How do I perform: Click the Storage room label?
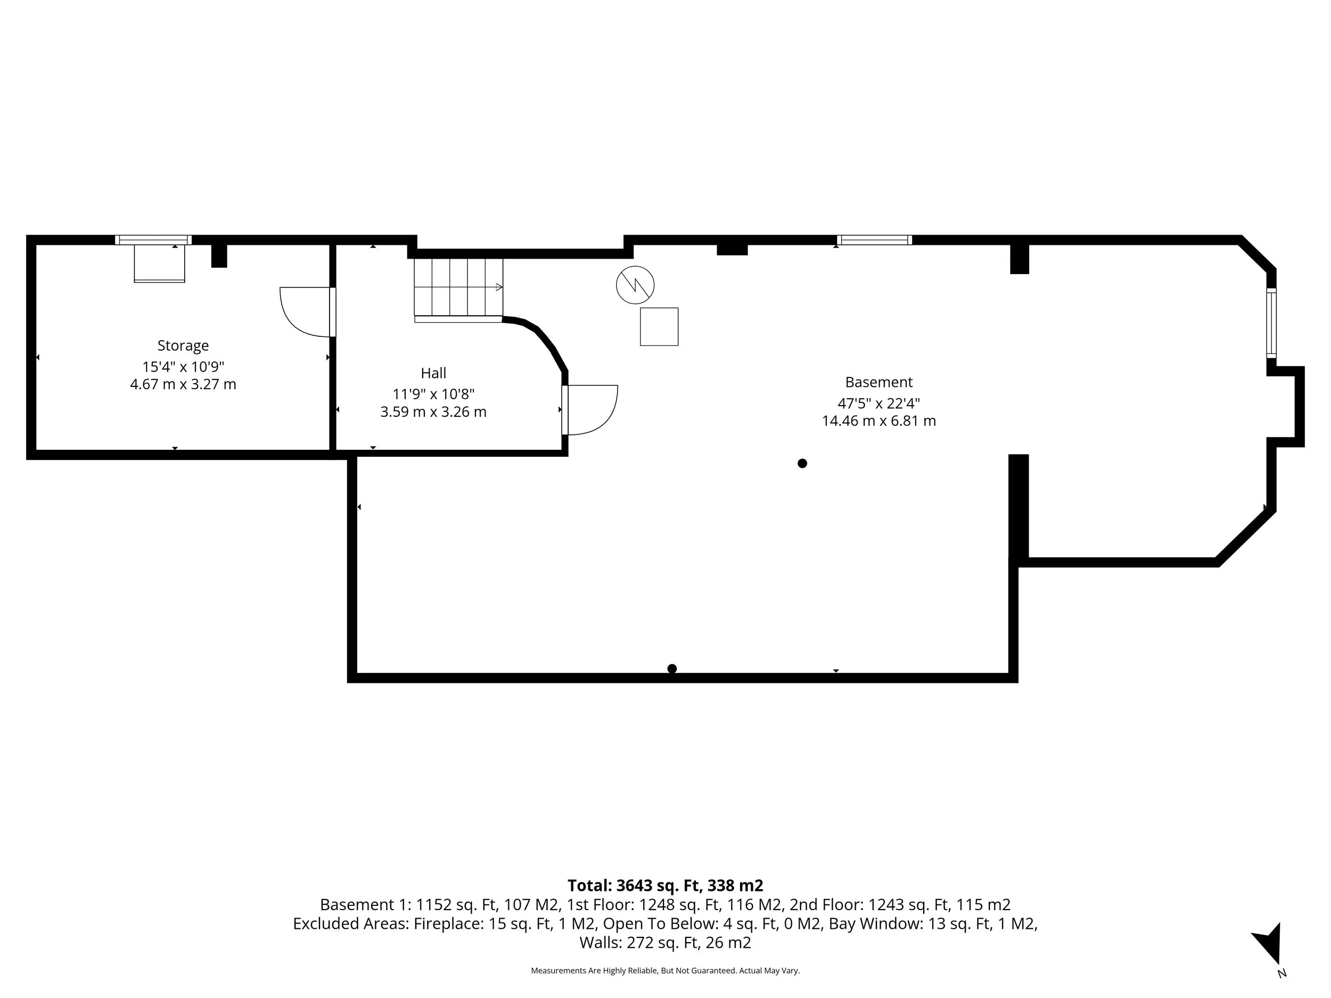click(x=183, y=345)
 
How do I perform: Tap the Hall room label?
click(x=433, y=373)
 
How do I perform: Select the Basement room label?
click(x=878, y=382)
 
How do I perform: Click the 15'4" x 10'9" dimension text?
click(x=183, y=366)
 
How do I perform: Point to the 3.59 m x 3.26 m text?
click(x=433, y=412)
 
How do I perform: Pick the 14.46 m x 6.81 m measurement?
click(x=878, y=421)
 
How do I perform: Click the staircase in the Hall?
click(x=458, y=287)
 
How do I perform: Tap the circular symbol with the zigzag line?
click(x=635, y=285)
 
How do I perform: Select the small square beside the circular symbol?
click(x=659, y=327)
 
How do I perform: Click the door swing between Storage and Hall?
click(x=306, y=311)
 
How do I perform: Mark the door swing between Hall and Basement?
click(x=590, y=409)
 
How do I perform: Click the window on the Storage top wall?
click(x=153, y=240)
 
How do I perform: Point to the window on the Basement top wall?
click(x=874, y=240)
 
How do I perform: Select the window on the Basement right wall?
click(x=1271, y=323)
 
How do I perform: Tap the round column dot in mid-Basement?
click(x=802, y=463)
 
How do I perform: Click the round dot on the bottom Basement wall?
click(x=672, y=669)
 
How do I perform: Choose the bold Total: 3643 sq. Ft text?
click(x=665, y=886)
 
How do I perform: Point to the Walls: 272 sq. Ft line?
click(x=665, y=943)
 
